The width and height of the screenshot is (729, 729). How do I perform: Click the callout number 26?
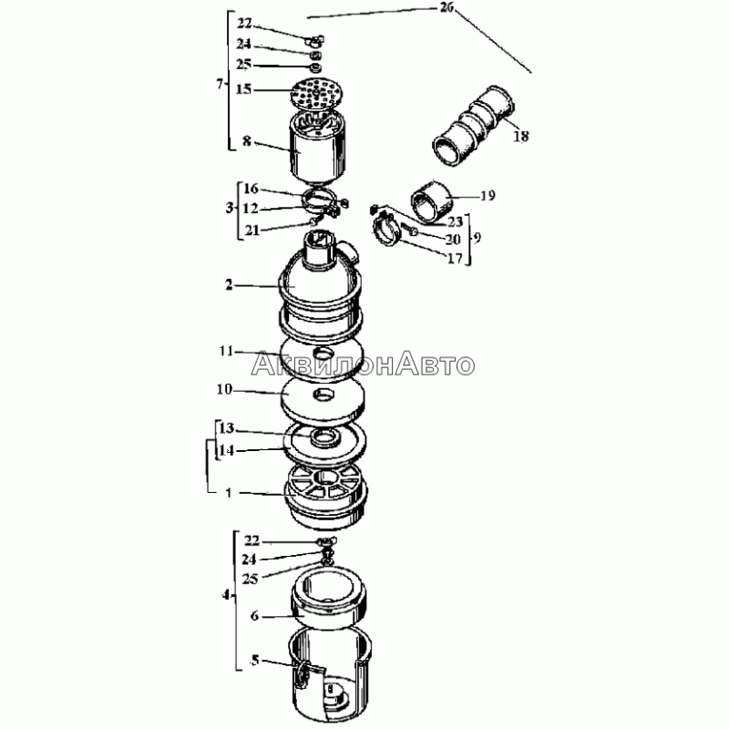point(447,7)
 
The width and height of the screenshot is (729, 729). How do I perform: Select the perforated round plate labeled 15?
point(317,93)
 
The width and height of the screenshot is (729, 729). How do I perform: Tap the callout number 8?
point(246,140)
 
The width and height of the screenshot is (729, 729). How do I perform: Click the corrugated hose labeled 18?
point(473,126)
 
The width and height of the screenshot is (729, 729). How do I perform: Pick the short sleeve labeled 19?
point(431,202)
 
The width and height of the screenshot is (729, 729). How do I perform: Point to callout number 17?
point(454,259)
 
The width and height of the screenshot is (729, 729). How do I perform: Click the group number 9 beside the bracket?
point(477,238)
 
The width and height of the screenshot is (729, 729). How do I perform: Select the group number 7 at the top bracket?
point(220,84)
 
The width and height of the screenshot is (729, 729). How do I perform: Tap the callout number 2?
point(229,284)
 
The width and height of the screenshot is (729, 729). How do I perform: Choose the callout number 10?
point(224,389)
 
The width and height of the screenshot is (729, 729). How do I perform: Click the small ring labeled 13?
point(325,437)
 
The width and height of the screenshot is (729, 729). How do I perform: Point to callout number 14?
point(226,450)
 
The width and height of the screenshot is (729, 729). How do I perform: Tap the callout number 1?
point(229,492)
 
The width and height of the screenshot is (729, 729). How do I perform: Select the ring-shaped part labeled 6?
point(329,599)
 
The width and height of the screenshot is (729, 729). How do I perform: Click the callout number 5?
point(254,660)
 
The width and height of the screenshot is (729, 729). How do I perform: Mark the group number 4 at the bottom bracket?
point(225,595)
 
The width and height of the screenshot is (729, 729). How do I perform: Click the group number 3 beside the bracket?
point(230,208)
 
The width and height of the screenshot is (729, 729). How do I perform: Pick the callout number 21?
point(252,231)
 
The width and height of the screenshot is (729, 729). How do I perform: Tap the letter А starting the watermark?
point(262,364)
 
